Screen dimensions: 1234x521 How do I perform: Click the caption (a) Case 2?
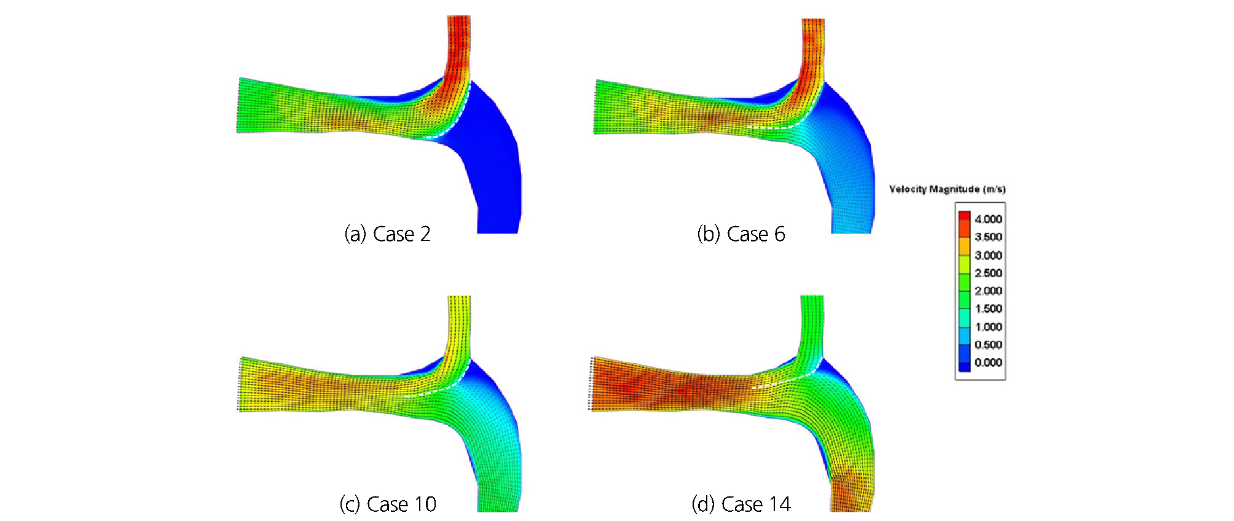pos(387,234)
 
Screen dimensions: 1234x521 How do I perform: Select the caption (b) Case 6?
pos(741,234)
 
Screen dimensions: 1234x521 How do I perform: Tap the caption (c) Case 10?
pos(388,504)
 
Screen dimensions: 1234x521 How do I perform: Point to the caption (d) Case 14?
pos(741,504)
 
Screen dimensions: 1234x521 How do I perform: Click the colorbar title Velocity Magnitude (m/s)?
pos(947,189)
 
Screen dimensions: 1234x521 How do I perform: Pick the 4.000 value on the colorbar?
pos(988,219)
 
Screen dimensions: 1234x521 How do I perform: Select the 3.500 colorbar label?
pos(988,237)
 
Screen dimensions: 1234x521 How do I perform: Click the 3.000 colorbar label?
pos(988,255)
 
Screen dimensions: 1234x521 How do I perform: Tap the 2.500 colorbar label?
pos(988,273)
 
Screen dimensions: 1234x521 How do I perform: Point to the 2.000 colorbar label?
pos(988,291)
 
